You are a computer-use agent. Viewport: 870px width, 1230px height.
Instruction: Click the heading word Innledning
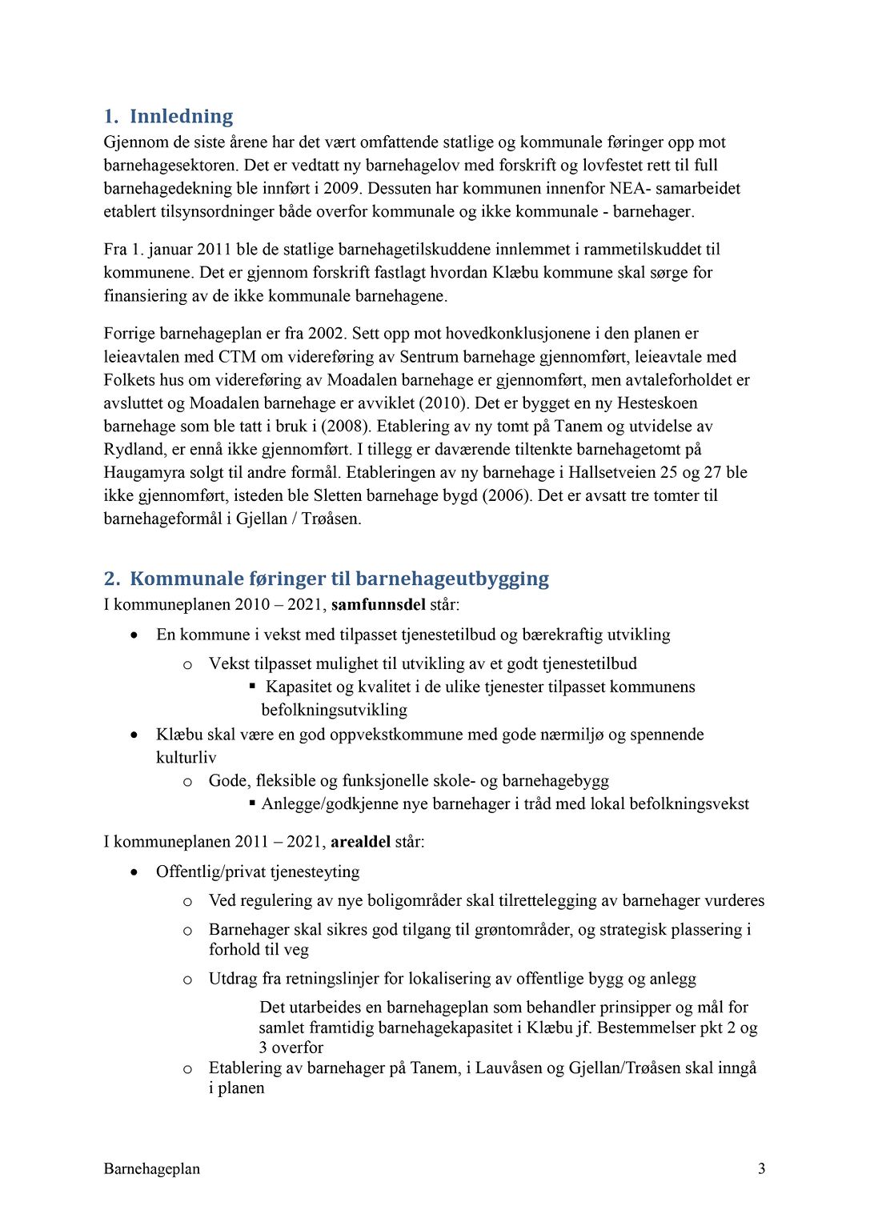pyautogui.click(x=181, y=117)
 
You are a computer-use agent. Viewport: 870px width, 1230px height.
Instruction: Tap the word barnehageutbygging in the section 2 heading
pyautogui.click(x=452, y=579)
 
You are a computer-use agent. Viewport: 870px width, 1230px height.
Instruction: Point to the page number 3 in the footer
pyautogui.click(x=761, y=1169)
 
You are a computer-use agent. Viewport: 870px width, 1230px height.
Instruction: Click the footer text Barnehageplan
pyautogui.click(x=151, y=1169)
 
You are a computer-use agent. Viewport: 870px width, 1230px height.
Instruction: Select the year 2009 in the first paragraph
pyautogui.click(x=342, y=189)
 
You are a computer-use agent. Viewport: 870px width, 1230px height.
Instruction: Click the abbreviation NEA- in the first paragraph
pyautogui.click(x=630, y=189)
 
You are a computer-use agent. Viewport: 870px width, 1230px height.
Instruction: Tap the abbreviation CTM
pyautogui.click(x=237, y=357)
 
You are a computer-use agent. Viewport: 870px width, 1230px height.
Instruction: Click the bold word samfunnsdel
pyautogui.click(x=378, y=605)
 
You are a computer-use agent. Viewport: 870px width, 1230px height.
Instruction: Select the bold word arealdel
pyautogui.click(x=361, y=842)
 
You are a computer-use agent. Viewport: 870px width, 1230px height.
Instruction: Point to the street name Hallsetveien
pyautogui.click(x=614, y=473)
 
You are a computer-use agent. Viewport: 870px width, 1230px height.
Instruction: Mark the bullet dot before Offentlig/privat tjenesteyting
pyautogui.click(x=134, y=872)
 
